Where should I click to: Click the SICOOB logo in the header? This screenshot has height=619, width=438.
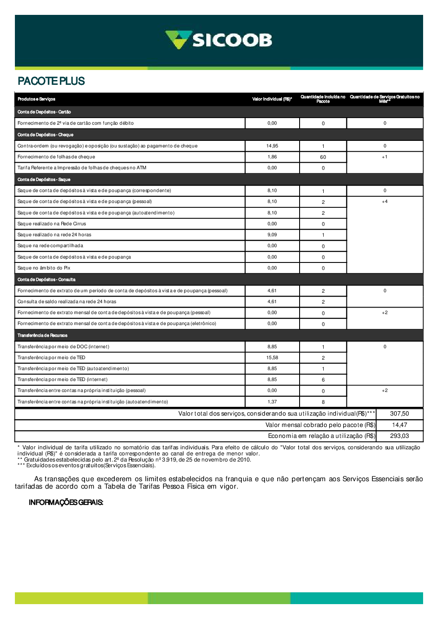click(219, 40)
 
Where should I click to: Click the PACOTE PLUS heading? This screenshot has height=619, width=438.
click(51, 81)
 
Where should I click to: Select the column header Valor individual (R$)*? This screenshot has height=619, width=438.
click(272, 99)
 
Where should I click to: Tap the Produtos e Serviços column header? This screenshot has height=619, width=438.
click(36, 99)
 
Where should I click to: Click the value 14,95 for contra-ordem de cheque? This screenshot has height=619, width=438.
click(272, 146)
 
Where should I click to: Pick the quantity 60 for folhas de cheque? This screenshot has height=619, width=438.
click(323, 157)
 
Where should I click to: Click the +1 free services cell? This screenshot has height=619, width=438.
click(385, 157)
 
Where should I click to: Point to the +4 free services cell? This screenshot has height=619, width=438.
click(385, 202)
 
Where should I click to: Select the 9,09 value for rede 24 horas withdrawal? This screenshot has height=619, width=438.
click(272, 235)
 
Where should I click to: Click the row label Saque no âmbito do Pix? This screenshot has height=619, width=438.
click(44, 268)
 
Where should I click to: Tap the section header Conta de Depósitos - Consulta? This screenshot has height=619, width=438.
click(46, 280)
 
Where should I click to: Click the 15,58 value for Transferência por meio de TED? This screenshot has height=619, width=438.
click(272, 358)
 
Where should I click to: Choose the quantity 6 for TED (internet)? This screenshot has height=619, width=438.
click(323, 380)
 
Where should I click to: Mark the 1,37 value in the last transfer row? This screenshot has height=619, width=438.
click(272, 402)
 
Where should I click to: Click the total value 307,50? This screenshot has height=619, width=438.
click(399, 414)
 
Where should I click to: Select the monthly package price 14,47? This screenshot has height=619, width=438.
click(399, 425)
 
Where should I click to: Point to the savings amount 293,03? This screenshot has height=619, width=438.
click(399, 436)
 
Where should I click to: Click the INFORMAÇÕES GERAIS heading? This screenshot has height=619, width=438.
click(66, 503)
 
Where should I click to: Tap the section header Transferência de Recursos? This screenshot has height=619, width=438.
click(42, 336)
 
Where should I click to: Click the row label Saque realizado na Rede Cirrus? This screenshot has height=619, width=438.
click(52, 224)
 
